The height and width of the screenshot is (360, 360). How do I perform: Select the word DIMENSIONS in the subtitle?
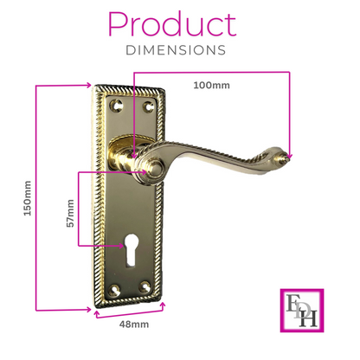[178, 51]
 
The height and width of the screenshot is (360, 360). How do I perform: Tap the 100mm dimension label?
[211, 86]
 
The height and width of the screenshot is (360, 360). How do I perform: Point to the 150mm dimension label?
[26, 197]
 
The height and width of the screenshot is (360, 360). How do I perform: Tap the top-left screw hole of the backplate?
[119, 105]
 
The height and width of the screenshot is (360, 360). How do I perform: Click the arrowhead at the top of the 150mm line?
[87, 86]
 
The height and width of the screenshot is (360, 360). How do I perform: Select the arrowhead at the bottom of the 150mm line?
[87, 308]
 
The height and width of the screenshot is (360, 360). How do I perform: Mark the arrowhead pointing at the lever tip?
[290, 157]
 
